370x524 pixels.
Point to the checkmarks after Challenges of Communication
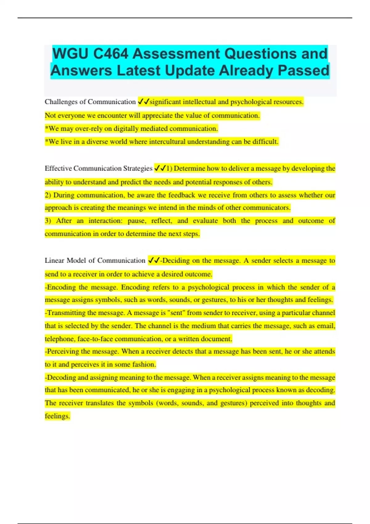point(143,101)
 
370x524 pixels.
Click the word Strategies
point(138,168)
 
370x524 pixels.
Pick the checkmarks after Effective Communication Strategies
point(160,168)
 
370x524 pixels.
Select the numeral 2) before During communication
point(48,195)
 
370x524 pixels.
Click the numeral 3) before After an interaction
point(48,221)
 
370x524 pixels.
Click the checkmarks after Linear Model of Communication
point(154,260)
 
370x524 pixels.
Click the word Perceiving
point(63,351)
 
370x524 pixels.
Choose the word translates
point(100,403)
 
